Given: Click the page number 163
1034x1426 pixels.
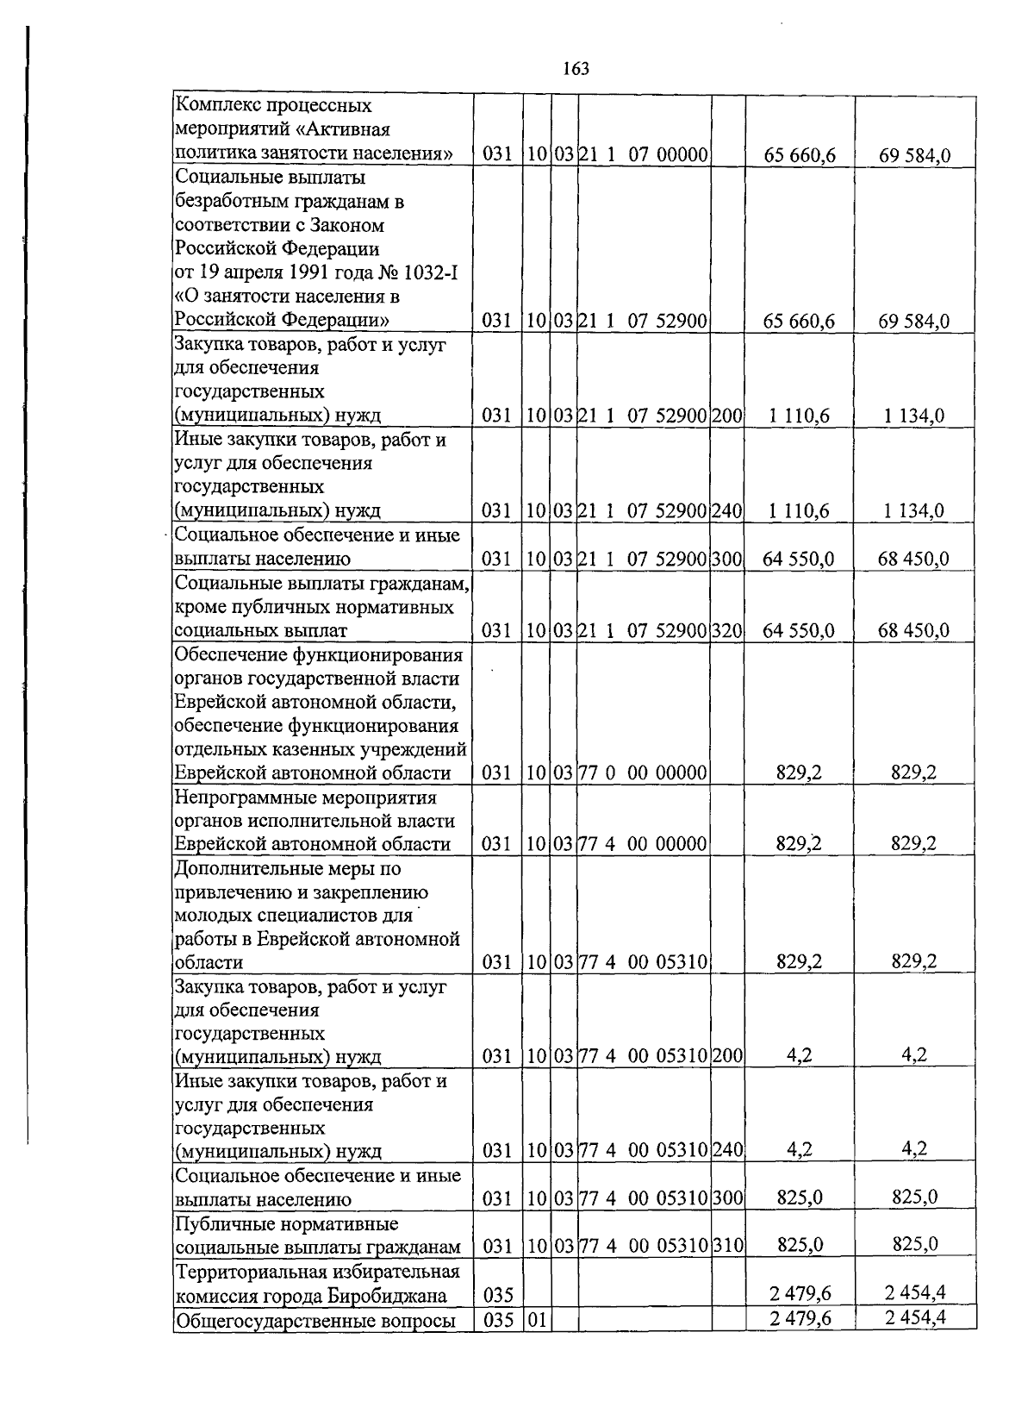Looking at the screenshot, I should tap(576, 69).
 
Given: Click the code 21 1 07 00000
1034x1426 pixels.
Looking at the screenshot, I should tap(643, 155).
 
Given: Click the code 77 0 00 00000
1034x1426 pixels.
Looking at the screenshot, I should tap(643, 772).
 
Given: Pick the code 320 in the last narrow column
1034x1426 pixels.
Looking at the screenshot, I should tap(727, 630).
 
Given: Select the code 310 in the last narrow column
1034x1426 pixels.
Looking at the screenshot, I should tap(727, 1245).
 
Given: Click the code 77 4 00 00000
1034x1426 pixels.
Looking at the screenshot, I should tap(643, 843).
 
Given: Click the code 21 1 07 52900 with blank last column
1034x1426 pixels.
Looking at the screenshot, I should tap(643, 321).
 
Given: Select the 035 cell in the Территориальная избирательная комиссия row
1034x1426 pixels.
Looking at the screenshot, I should tap(497, 1295).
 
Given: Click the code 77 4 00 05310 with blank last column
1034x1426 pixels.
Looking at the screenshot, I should tap(643, 962).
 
